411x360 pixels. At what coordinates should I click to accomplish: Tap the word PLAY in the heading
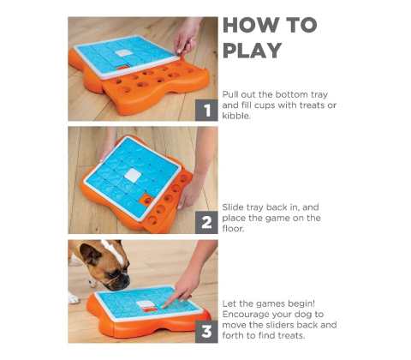pyautogui.click(x=252, y=51)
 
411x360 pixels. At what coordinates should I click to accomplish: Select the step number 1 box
pyautogui.click(x=206, y=111)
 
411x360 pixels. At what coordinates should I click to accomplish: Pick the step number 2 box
pyautogui.click(x=206, y=223)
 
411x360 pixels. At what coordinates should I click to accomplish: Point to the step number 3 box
pyautogui.click(x=206, y=332)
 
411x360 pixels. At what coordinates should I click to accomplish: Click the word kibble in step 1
pyautogui.click(x=236, y=116)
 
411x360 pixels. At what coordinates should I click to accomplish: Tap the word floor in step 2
pyautogui.click(x=233, y=228)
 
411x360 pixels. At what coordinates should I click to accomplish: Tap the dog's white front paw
pyautogui.click(x=73, y=298)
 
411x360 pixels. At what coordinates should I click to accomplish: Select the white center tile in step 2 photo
pyautogui.click(x=133, y=175)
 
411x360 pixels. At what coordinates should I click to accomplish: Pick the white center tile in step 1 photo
pyautogui.click(x=124, y=53)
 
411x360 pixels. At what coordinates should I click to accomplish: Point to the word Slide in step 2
pyautogui.click(x=233, y=207)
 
